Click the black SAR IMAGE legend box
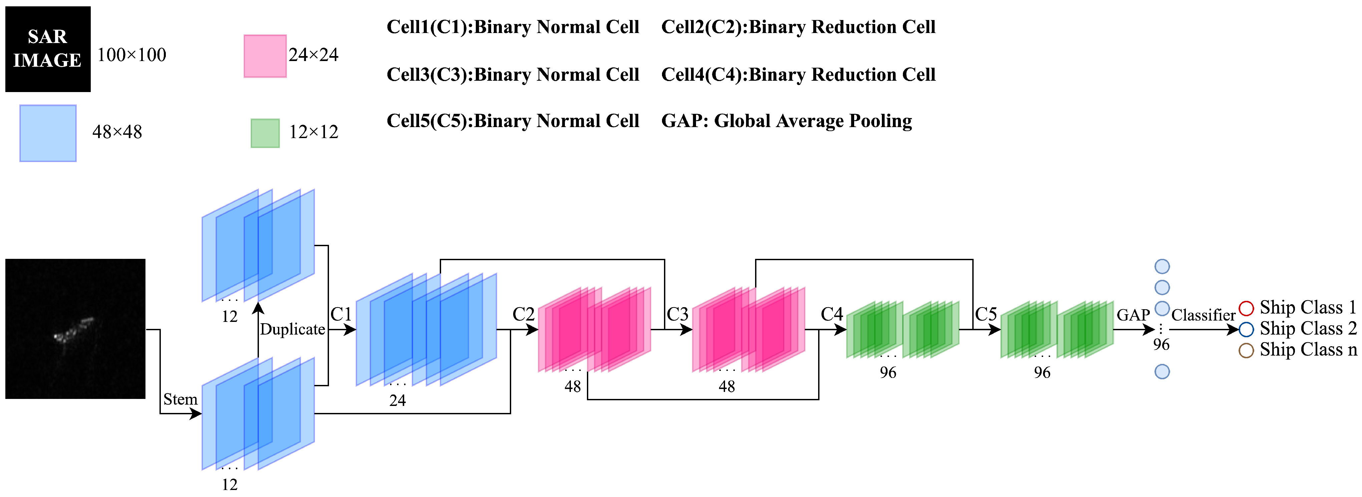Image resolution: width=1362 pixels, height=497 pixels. (x=48, y=49)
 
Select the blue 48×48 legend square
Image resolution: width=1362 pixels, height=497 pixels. (x=48, y=133)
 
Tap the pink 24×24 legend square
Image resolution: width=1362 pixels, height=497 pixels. (x=265, y=56)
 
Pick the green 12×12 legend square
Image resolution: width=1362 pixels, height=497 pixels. (x=265, y=133)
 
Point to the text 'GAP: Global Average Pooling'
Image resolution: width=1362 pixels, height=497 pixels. (x=786, y=121)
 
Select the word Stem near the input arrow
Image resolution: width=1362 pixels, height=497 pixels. (x=180, y=399)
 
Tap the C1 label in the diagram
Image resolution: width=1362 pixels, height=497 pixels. (x=341, y=314)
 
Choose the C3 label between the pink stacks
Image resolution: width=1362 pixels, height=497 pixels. (x=677, y=314)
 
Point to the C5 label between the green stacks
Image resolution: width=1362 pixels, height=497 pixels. (x=986, y=314)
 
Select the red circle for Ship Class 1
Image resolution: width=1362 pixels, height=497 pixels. (x=1246, y=308)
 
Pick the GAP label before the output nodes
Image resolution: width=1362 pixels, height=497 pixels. (x=1133, y=315)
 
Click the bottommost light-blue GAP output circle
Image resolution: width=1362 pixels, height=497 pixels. (x=1161, y=372)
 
